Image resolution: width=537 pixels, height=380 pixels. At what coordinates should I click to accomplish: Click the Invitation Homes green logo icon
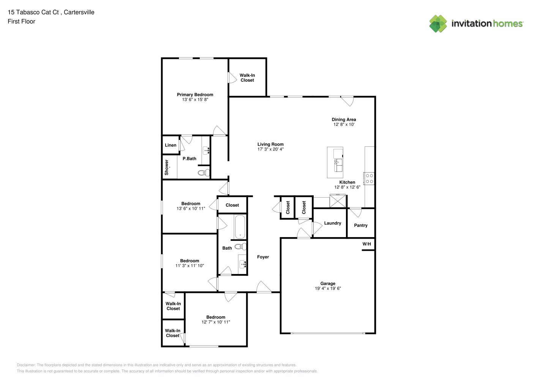[438, 24]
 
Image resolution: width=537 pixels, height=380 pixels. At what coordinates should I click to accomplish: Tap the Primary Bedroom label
[195, 95]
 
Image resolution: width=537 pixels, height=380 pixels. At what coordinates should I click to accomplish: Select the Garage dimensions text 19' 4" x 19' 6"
[328, 288]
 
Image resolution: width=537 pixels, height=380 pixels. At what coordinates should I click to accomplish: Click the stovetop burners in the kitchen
[369, 179]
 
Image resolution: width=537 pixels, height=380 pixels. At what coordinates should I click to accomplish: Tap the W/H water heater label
[366, 244]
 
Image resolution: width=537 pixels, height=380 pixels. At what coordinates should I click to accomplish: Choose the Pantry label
[360, 225]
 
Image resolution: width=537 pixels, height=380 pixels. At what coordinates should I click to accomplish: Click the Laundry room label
[333, 223]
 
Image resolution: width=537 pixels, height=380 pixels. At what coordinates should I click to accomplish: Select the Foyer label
[263, 257]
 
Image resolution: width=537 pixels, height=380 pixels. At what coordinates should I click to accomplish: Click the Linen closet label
[171, 145]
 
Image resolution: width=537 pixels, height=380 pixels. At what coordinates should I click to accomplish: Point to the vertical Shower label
[167, 167]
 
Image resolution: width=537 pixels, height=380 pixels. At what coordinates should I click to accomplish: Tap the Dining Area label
[344, 119]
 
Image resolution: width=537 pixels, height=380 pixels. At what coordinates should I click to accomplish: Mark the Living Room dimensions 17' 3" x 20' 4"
[270, 149]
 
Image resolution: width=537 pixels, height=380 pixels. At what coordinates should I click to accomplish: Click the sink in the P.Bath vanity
[206, 150]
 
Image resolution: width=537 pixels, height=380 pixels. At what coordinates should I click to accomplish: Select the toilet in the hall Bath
[240, 246]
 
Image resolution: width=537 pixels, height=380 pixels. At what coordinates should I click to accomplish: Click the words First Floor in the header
[21, 21]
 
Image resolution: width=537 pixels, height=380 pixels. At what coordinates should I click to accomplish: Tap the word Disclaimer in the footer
[26, 365]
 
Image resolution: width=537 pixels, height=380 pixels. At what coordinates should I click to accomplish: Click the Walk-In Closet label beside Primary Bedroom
[247, 78]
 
